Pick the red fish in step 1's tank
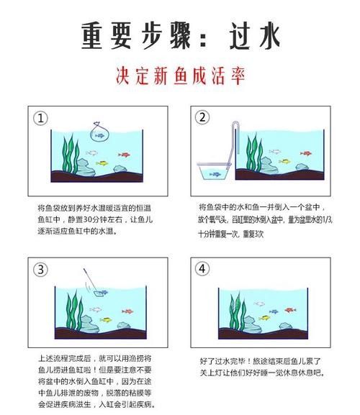pos(125,155)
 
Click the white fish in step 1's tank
pos(91,152)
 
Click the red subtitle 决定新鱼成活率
pos(179,76)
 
